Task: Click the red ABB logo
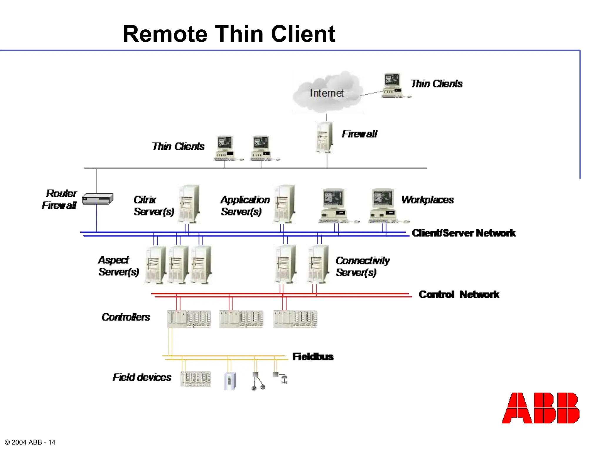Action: point(540,408)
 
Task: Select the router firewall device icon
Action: point(97,199)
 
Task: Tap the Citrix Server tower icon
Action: point(189,203)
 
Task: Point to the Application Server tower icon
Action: point(284,203)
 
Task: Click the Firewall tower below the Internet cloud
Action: point(325,137)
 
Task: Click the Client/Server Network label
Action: point(463,233)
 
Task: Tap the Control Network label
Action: point(459,295)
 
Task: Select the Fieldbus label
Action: point(313,357)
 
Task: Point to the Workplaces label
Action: point(427,200)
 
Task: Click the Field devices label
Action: point(142,377)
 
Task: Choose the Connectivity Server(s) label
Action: point(362,266)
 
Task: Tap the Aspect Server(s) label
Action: point(118,266)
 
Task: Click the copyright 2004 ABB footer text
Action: point(30,442)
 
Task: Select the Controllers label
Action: point(126,317)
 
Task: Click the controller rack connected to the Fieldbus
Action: point(189,319)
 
